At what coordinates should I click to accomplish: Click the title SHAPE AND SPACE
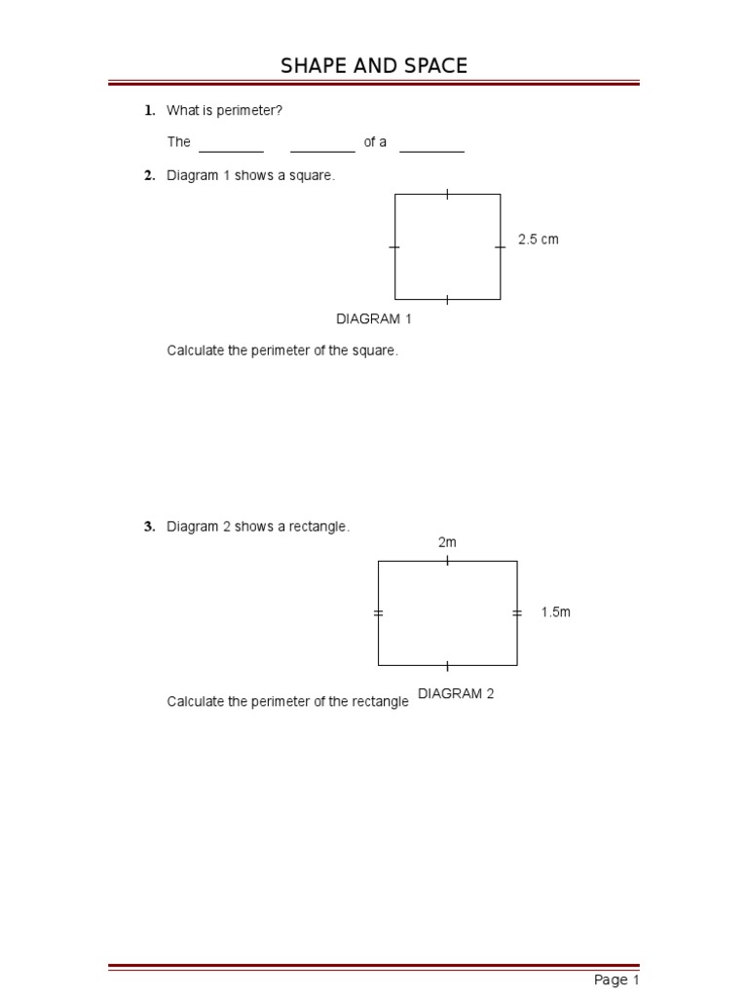pos(374,66)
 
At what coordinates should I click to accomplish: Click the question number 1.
pos(150,111)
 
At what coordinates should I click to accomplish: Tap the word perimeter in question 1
pos(248,111)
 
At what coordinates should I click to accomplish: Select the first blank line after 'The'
pos(231,151)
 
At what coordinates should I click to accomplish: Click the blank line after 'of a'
pos(431,151)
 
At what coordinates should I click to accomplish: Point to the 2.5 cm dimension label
pos(539,240)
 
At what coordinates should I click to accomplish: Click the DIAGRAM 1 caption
pos(374,318)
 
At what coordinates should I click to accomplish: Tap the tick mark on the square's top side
pos(447,194)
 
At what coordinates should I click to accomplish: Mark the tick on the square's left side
pos(394,247)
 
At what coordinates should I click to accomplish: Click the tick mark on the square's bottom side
pos(447,299)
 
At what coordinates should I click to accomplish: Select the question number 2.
pos(150,175)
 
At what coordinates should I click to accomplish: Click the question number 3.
pos(150,527)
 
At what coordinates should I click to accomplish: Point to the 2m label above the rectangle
pos(447,542)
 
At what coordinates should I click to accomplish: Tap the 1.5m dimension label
pos(556,612)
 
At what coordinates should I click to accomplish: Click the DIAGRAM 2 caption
pos(456,694)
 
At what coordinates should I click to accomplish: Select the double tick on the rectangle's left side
pos(378,612)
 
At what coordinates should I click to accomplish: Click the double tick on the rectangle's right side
pos(516,612)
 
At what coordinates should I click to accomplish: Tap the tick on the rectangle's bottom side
pos(447,666)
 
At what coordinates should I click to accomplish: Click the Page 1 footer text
pos(617,980)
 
